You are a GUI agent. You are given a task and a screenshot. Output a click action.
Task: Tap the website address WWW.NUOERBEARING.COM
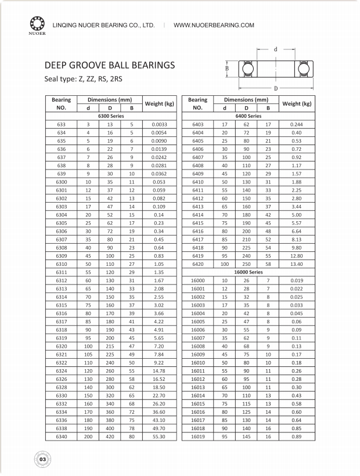[x=214, y=26]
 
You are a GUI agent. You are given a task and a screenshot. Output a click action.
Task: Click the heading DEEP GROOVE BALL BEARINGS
[x=110, y=66]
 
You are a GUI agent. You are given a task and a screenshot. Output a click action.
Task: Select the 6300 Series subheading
[x=110, y=116]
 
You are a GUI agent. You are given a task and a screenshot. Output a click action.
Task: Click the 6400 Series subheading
[x=249, y=116]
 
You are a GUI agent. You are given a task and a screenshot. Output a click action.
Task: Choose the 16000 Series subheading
[x=249, y=272]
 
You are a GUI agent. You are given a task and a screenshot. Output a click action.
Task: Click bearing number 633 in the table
[x=62, y=124]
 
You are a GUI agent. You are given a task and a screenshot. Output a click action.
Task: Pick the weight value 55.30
[x=159, y=435]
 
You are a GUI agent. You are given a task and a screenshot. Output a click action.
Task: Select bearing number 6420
[x=198, y=264]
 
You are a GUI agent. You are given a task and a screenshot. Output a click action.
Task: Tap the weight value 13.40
[x=297, y=264]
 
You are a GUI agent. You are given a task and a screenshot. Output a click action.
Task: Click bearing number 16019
[x=198, y=435]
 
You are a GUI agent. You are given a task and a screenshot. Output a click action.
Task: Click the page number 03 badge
[x=42, y=459]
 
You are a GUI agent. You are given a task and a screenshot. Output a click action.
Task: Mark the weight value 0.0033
[x=159, y=124]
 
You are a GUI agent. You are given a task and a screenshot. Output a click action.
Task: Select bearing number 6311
[x=62, y=272]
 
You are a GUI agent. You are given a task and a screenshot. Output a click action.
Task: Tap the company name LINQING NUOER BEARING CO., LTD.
[x=103, y=26]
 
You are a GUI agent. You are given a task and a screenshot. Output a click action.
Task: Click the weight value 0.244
[x=297, y=124]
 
